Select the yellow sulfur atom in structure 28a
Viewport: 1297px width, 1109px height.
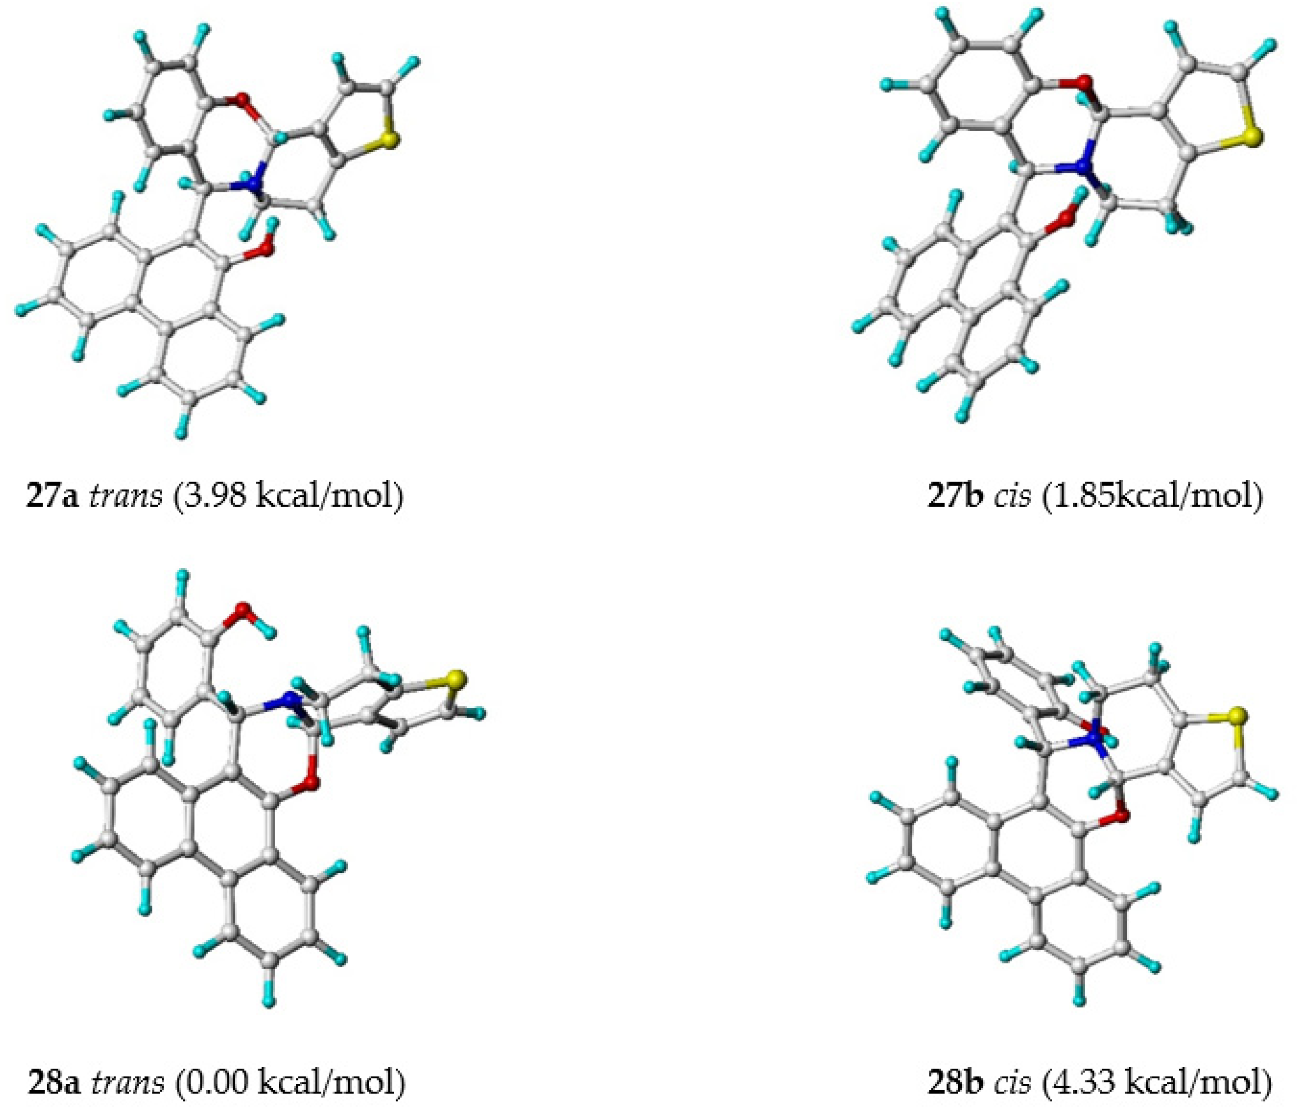[x=457, y=679]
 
